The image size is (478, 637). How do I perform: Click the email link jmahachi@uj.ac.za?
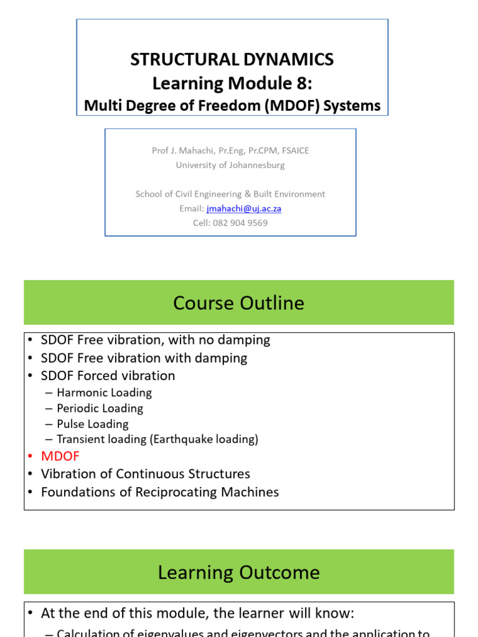(x=244, y=209)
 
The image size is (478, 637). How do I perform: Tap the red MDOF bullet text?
(x=60, y=456)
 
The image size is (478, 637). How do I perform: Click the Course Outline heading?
(x=238, y=303)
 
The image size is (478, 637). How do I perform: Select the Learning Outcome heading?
(x=238, y=572)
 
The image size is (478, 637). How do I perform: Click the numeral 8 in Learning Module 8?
(x=302, y=83)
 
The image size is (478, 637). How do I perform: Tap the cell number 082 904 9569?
(x=240, y=223)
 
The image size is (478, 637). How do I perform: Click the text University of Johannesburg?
(x=230, y=165)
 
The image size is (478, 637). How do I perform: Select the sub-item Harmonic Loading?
(x=105, y=393)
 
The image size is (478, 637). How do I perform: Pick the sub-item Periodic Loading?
(x=100, y=408)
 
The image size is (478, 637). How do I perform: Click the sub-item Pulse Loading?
(x=93, y=424)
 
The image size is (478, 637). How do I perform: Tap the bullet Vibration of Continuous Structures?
(x=146, y=474)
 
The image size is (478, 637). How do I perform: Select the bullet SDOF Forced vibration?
(x=108, y=376)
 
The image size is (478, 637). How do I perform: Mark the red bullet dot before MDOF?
(x=30, y=456)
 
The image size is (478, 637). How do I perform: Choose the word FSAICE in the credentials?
(x=296, y=151)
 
